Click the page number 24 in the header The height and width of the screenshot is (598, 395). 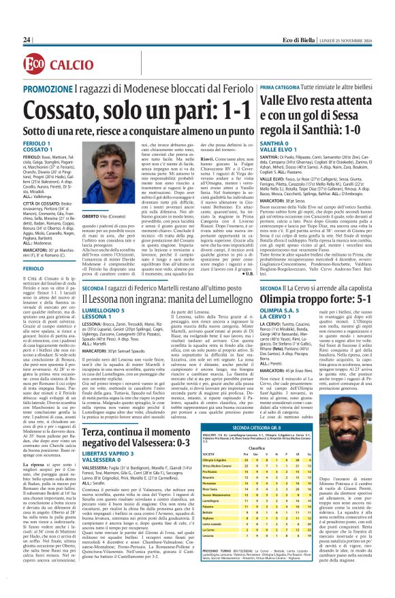(27, 40)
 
